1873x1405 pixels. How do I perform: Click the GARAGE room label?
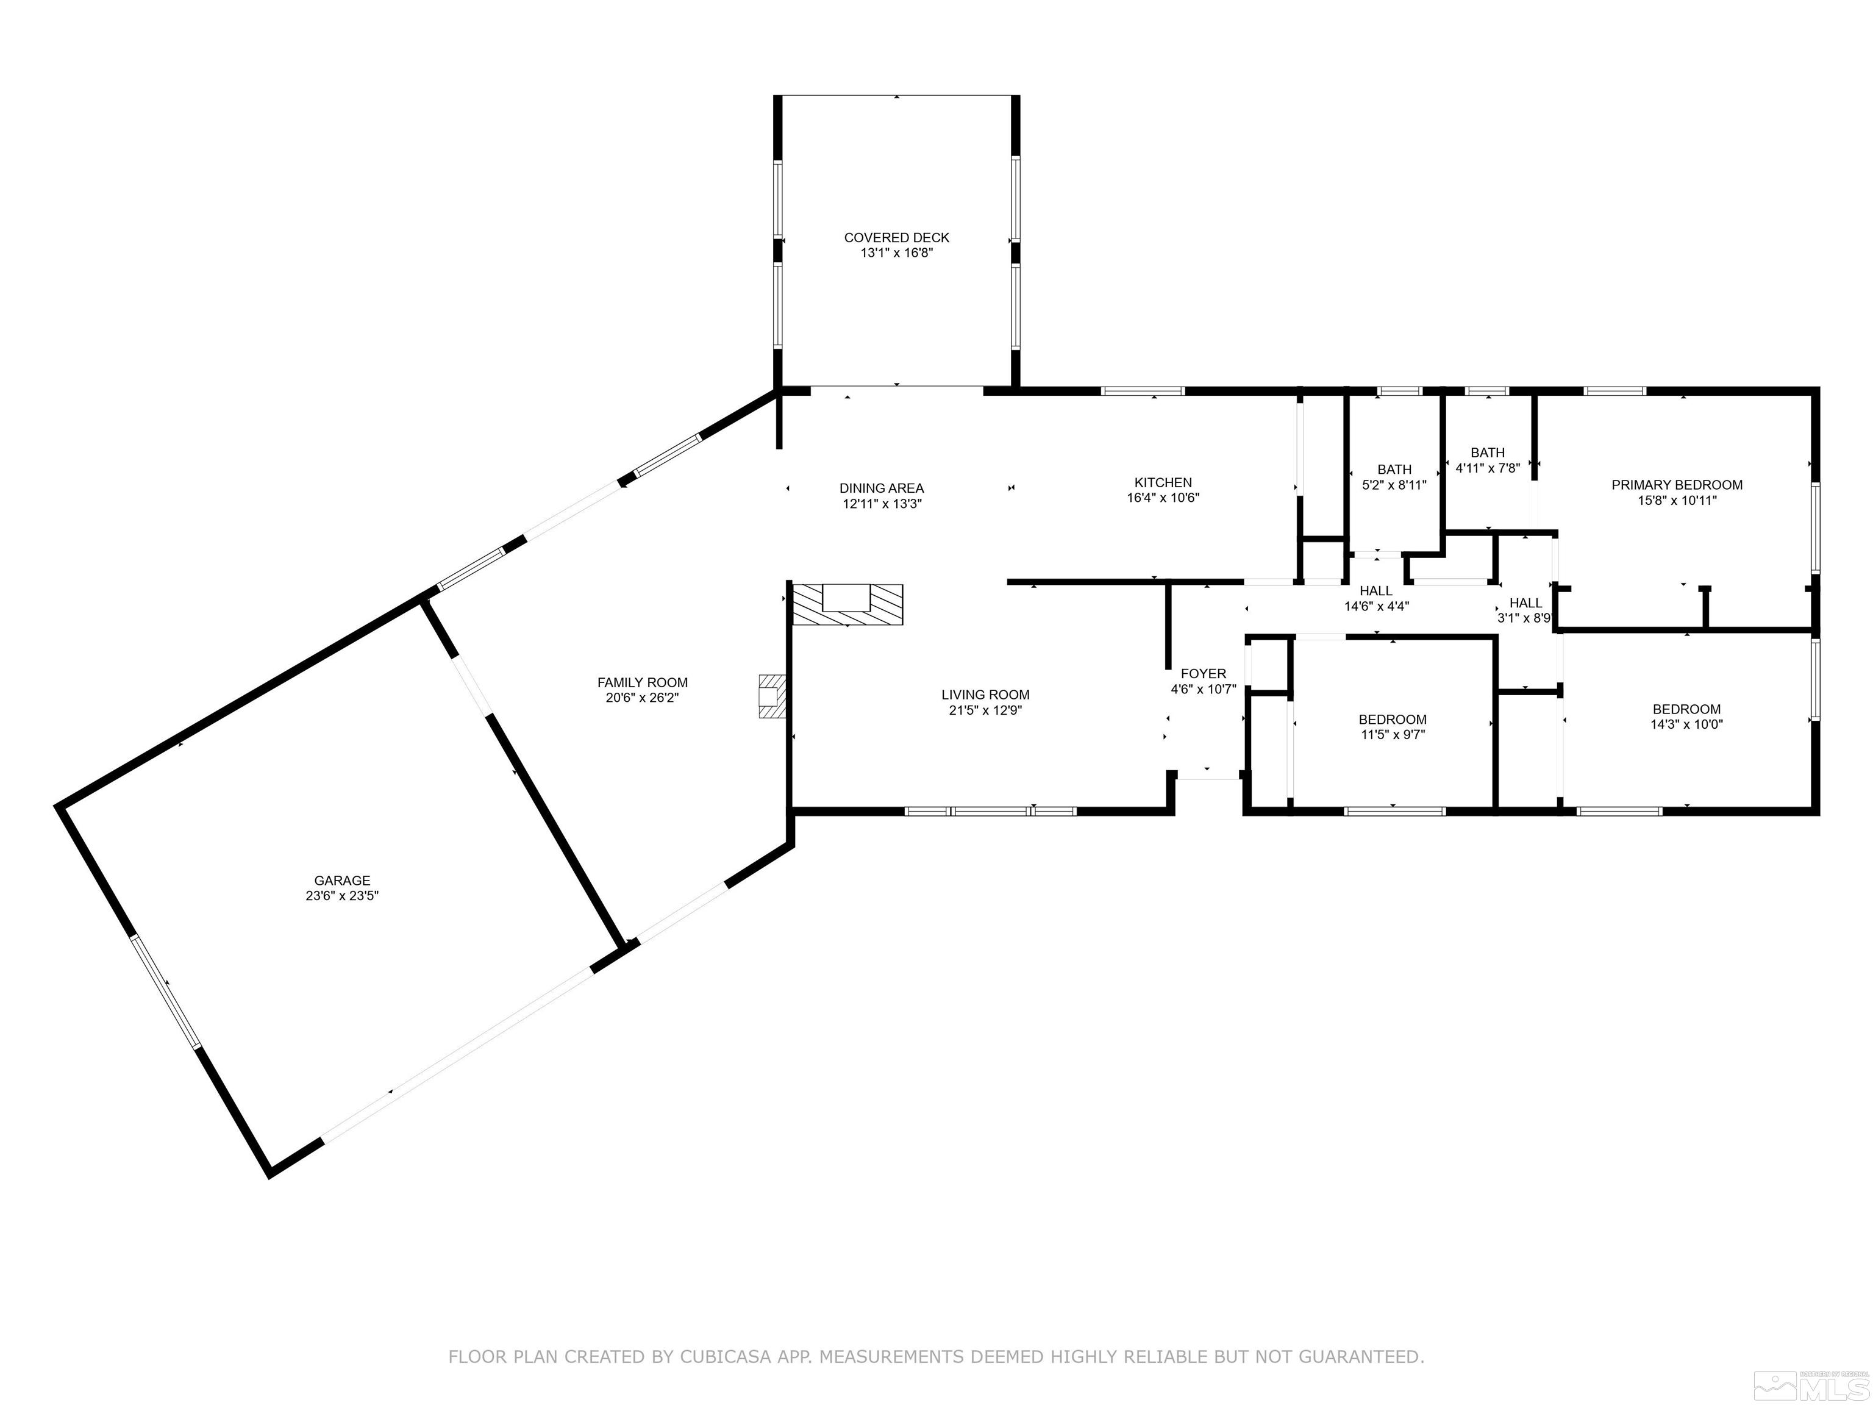pyautogui.click(x=342, y=880)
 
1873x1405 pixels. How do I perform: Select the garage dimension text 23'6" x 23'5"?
pyautogui.click(x=342, y=895)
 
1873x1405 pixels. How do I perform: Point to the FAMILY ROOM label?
pyautogui.click(x=642, y=682)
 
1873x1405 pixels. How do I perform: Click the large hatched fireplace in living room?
pyautogui.click(x=847, y=605)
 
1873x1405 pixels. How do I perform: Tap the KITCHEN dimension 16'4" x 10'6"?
pyautogui.click(x=1163, y=498)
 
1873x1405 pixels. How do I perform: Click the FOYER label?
pyautogui.click(x=1202, y=673)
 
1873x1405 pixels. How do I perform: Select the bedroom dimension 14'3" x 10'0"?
pyautogui.click(x=1686, y=724)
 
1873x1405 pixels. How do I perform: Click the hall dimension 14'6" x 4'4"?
pyautogui.click(x=1376, y=606)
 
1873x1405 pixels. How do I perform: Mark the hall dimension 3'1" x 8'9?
pyautogui.click(x=1524, y=618)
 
